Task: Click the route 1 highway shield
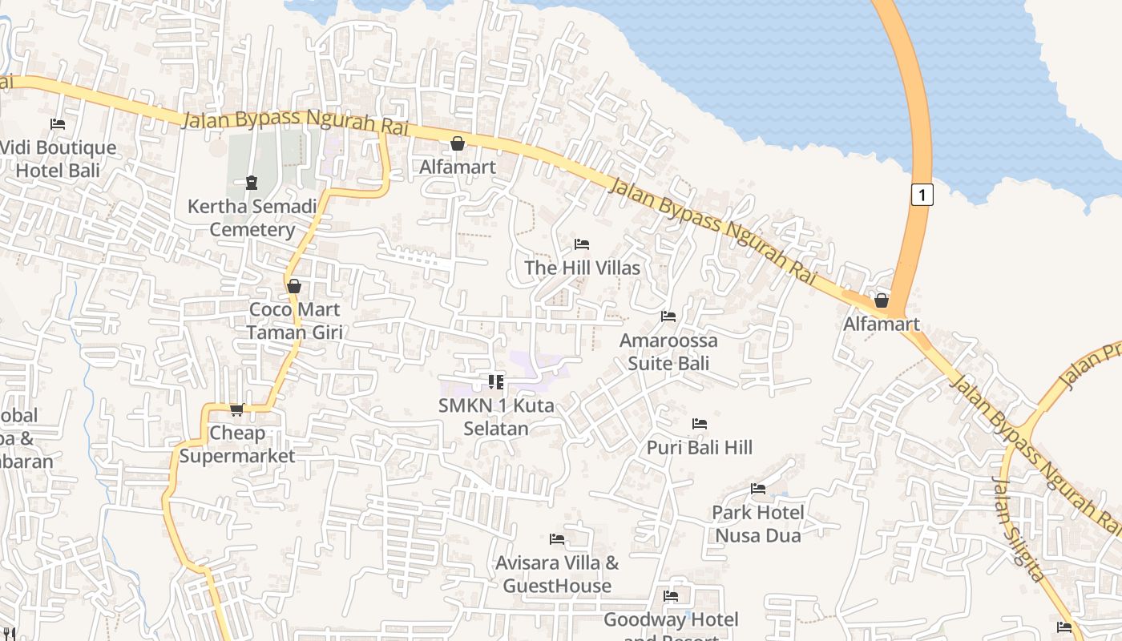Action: tap(922, 194)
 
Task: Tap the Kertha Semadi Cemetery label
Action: tap(252, 218)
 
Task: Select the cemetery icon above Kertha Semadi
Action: tap(252, 182)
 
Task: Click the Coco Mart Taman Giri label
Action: tap(294, 320)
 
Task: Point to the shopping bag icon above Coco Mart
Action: tap(294, 286)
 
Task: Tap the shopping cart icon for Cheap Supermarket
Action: tap(237, 410)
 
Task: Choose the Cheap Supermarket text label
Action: tap(237, 445)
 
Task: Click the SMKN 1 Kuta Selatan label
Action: tap(496, 417)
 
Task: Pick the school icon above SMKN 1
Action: tap(496, 382)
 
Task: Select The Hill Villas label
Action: tap(583, 268)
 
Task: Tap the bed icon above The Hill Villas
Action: tap(583, 244)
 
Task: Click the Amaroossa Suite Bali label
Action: tap(668, 352)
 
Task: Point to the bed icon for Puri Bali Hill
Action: tap(700, 423)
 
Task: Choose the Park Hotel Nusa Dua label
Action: tap(758, 523)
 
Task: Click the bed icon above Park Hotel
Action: tap(758, 489)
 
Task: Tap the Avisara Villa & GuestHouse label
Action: tap(557, 574)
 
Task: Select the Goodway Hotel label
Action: tap(671, 620)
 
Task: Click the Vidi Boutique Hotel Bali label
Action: tap(58, 159)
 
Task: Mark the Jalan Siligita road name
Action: tap(1018, 530)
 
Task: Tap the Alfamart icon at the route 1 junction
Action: tap(882, 300)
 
